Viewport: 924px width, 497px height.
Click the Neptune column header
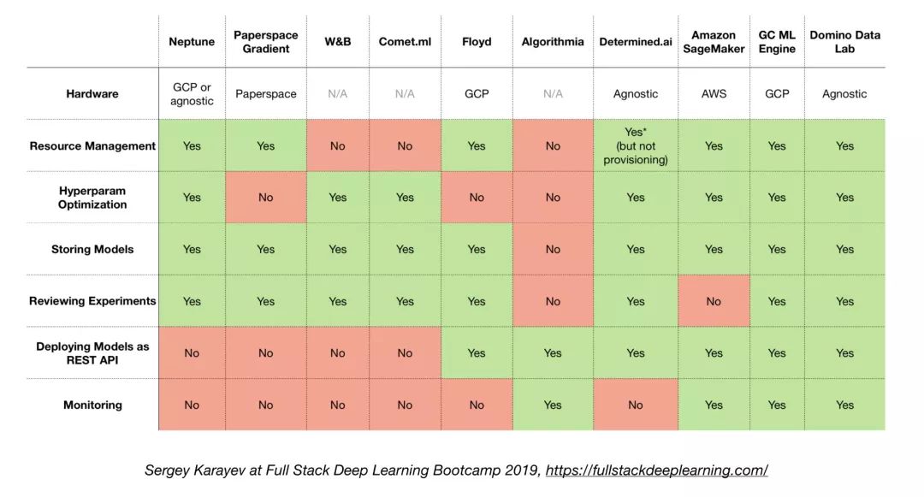[x=192, y=41]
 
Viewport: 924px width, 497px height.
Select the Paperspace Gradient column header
[x=265, y=41]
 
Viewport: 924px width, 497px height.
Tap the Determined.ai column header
[x=635, y=41]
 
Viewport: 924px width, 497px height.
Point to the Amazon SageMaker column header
[x=714, y=41]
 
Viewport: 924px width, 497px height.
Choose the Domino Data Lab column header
[x=844, y=41]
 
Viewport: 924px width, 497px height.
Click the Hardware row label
[x=92, y=94]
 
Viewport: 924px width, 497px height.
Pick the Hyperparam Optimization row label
[x=92, y=198]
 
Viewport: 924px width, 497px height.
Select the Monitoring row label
[x=92, y=405]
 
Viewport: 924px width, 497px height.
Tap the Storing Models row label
[x=92, y=250]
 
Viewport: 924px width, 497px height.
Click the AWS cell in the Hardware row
[x=714, y=94]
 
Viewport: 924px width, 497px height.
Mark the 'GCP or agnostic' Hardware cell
[x=192, y=94]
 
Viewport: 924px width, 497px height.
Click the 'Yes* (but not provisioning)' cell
[x=635, y=146]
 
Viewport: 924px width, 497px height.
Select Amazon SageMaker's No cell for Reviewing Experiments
[x=714, y=301]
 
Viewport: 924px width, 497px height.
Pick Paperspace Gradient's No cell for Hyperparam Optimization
[x=265, y=198]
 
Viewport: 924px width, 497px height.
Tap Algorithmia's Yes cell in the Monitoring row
[x=553, y=405]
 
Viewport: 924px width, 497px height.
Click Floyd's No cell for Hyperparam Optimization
[x=477, y=198]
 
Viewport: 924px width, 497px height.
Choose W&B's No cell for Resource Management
[x=338, y=146]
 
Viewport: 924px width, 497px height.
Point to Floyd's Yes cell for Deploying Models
[x=477, y=353]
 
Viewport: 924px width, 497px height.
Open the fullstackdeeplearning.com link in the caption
[x=656, y=470]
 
